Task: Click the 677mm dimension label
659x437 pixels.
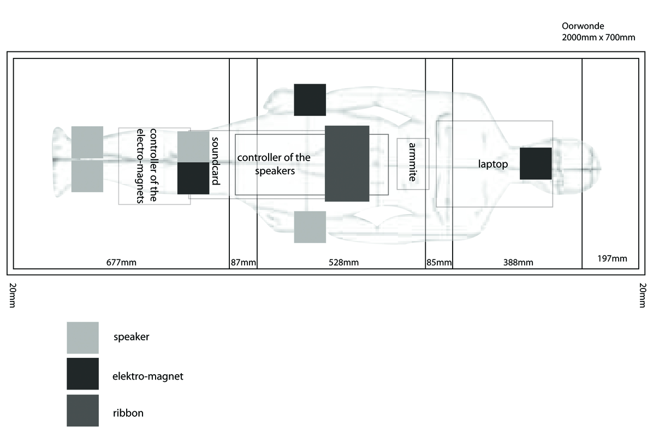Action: (121, 262)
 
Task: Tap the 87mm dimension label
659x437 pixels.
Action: (243, 263)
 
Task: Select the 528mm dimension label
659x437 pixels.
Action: (343, 263)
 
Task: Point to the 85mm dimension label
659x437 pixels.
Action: (439, 263)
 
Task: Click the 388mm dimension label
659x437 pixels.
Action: (518, 263)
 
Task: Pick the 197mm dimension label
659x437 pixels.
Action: (611, 258)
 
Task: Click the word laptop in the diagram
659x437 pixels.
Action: (493, 164)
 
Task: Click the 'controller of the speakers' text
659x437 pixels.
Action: (274, 164)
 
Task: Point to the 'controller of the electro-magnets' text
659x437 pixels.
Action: (148, 166)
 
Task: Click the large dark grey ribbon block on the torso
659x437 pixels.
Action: (347, 163)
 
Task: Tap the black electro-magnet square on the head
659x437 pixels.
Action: (535, 163)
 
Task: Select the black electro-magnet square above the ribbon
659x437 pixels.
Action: (310, 99)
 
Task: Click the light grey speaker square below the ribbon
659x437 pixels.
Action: (310, 227)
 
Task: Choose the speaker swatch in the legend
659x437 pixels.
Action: (82, 338)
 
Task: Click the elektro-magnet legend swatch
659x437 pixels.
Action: (82, 374)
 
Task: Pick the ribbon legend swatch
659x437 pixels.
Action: (82, 410)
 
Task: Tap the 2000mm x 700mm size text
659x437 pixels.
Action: (598, 38)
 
